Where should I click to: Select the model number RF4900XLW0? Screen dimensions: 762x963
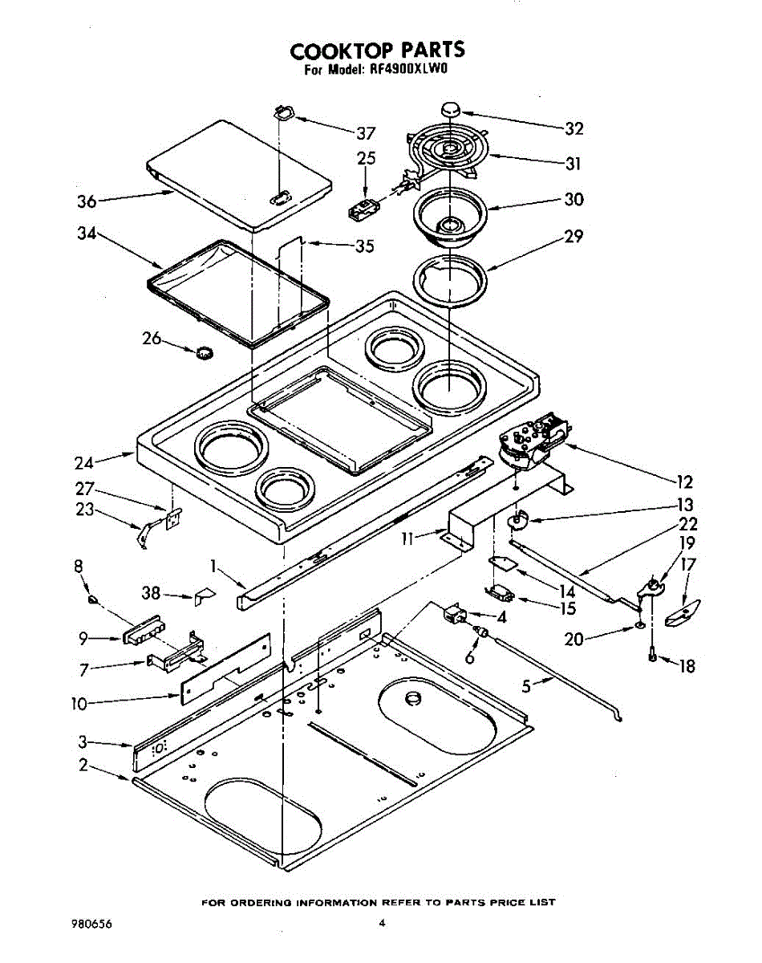pos(407,71)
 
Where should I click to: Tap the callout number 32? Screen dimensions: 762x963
pos(574,129)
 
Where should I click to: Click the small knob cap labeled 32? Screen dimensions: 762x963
pos(451,109)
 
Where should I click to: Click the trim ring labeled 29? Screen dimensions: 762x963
pos(449,281)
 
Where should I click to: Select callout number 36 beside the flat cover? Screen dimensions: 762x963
pos(87,201)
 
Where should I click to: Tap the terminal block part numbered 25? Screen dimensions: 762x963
pos(363,208)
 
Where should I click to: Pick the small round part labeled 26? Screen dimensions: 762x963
pos(204,353)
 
